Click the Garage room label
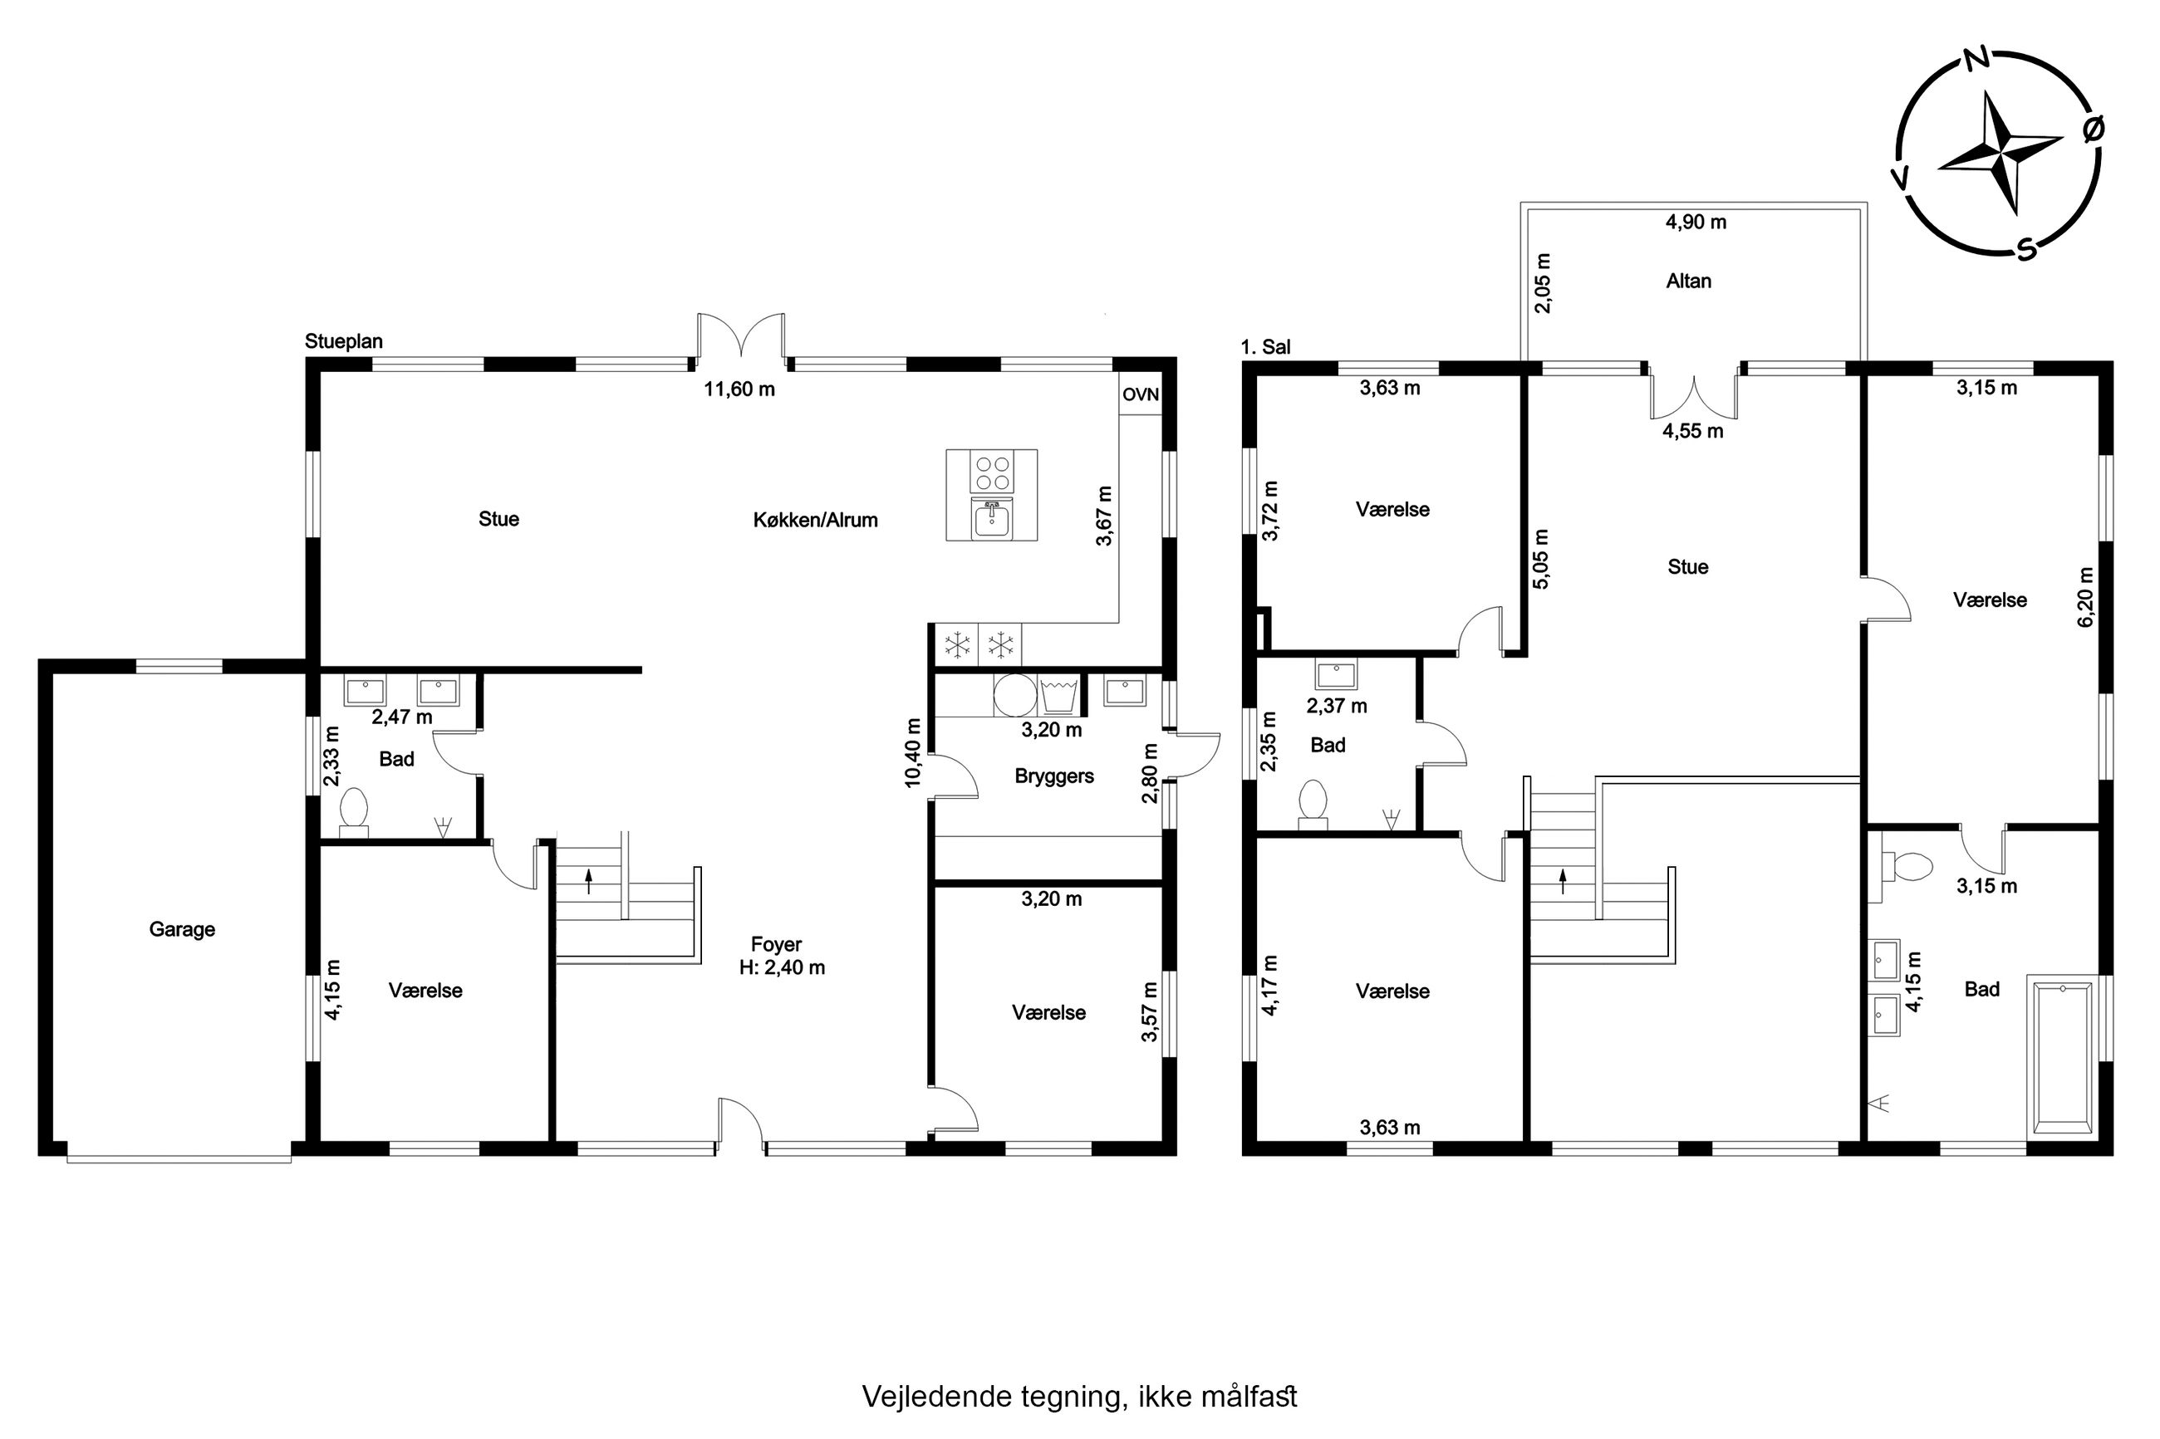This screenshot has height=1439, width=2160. coord(182,928)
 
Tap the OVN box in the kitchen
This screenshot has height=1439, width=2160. coord(1140,394)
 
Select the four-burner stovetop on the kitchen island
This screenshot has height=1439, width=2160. coord(992,473)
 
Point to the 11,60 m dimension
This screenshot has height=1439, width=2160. coord(739,389)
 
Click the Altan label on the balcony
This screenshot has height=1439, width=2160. coord(1688,281)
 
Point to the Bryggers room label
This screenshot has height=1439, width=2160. coord(1054,776)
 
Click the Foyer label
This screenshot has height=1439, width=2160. coord(776,943)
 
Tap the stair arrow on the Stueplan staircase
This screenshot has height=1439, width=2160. coord(589,882)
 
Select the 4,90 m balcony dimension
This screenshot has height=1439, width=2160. coord(1696,222)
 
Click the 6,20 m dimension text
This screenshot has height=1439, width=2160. coord(2085,596)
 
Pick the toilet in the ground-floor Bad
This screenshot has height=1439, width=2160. coord(353,812)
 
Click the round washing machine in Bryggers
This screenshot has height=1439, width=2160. coord(1015,695)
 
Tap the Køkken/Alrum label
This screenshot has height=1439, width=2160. coord(815,521)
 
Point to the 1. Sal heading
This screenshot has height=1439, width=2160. coord(1265,347)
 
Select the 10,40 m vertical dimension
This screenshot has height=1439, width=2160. coord(912,752)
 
